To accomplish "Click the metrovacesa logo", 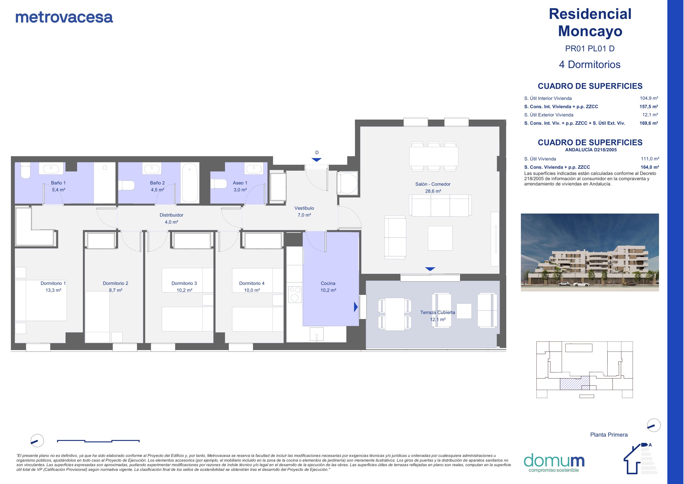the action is pyautogui.click(x=64, y=17).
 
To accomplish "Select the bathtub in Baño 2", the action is pyautogui.click(x=190, y=183).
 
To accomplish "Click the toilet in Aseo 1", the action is pyautogui.click(x=219, y=184).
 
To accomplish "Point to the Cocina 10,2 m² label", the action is pyautogui.click(x=328, y=287).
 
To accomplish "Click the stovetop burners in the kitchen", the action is pyautogui.click(x=295, y=294).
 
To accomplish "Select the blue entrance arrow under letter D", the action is pyautogui.click(x=317, y=160).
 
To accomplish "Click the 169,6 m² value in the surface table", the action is pyautogui.click(x=649, y=123).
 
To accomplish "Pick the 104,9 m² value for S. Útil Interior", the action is pyautogui.click(x=649, y=98).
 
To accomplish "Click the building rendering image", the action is pyautogui.click(x=590, y=252).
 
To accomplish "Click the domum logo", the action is pyautogui.click(x=554, y=462).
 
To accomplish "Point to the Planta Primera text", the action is pyautogui.click(x=609, y=435).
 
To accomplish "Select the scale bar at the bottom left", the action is pyautogui.click(x=98, y=441).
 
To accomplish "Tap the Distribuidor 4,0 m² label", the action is pyautogui.click(x=171, y=219).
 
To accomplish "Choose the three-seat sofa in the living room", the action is pyautogui.click(x=440, y=205).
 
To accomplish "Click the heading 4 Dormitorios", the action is pyautogui.click(x=590, y=65).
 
